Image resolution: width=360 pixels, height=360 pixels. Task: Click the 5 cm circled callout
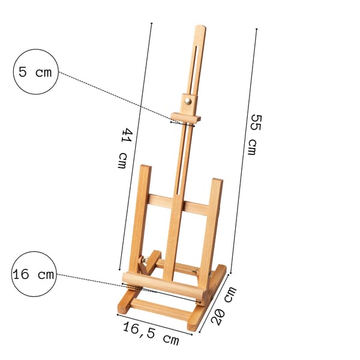[35, 71]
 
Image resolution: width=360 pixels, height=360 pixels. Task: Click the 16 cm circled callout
[34, 274]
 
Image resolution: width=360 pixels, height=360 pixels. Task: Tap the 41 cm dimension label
[124, 148]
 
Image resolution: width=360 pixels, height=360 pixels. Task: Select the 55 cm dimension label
[254, 134]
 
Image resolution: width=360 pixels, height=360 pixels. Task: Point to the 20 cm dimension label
[223, 305]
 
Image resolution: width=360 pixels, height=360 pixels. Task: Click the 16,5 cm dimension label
[151, 333]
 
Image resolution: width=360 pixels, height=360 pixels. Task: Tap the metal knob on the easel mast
[188, 101]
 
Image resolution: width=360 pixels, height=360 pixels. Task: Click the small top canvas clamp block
[186, 118]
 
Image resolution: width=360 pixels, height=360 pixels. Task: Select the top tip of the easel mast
[200, 26]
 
